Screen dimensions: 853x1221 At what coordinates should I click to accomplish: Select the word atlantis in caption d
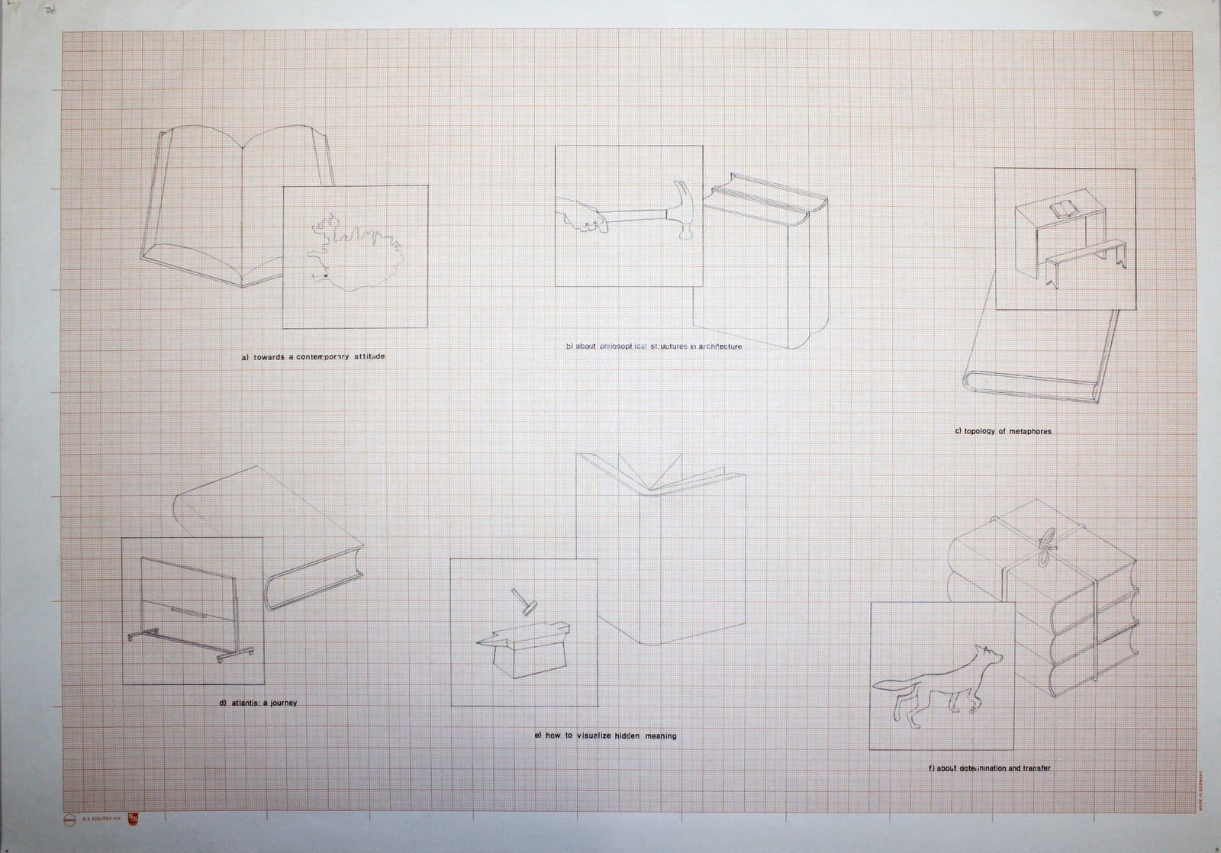246,703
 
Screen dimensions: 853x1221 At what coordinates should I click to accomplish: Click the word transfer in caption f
1034,768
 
